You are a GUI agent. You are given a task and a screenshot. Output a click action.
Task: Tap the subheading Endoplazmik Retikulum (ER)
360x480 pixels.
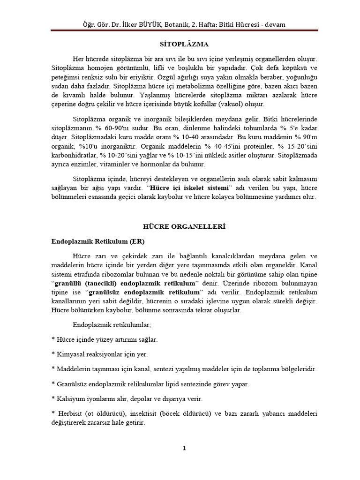coord(97,241)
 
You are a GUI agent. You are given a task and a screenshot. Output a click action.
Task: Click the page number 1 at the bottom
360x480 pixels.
coord(184,448)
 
